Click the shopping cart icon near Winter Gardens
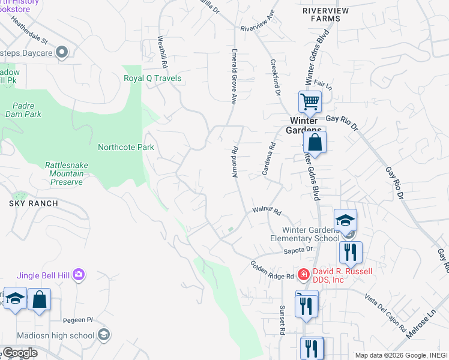310,101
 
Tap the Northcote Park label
126,147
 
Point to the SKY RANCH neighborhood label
34,203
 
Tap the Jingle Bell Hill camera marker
79,275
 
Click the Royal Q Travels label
152,79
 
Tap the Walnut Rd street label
267,211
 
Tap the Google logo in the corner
20,353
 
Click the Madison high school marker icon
103,335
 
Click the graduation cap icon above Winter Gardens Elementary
346,220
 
